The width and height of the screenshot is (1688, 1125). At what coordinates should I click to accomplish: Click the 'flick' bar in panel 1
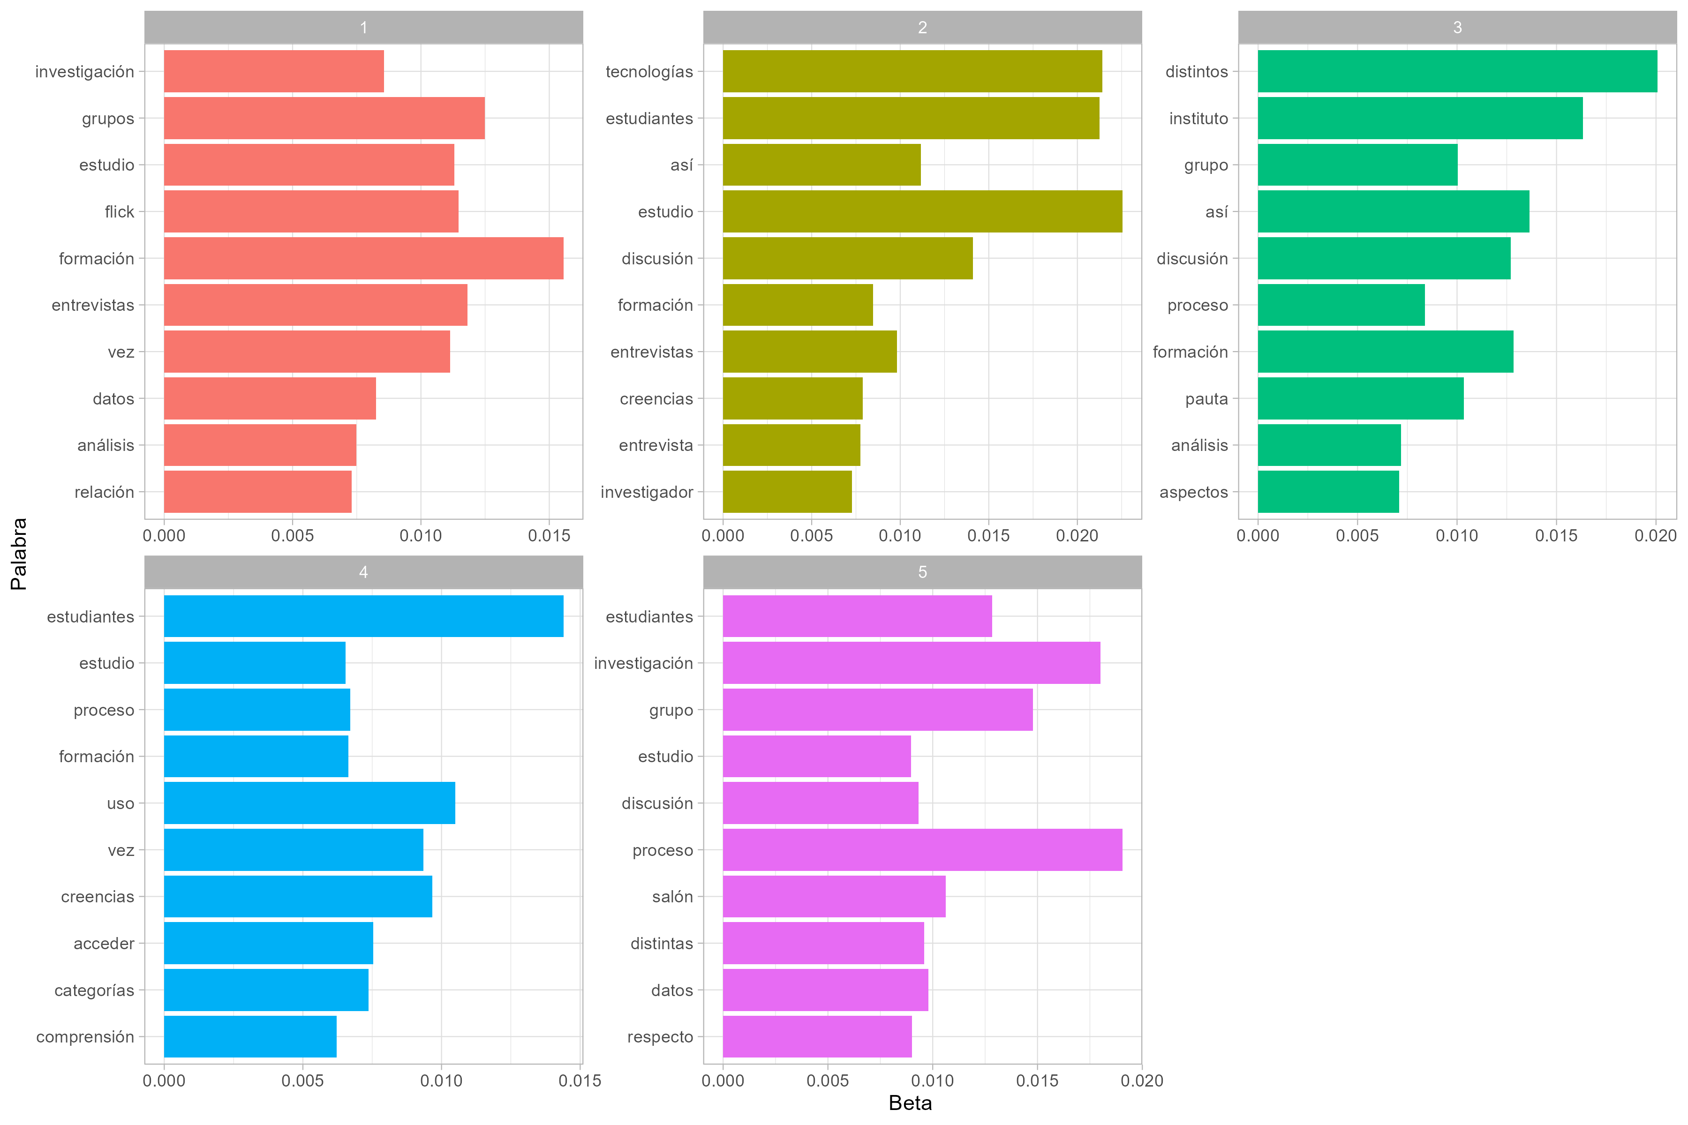point(311,212)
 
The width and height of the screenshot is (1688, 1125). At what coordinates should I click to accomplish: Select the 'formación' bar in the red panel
point(363,258)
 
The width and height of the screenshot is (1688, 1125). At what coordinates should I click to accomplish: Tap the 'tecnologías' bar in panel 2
point(912,71)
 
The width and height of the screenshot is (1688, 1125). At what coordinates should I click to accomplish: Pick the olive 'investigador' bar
point(787,492)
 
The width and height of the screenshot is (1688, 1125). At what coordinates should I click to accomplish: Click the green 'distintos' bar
point(1457,71)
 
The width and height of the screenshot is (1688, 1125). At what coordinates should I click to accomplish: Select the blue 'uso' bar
point(309,803)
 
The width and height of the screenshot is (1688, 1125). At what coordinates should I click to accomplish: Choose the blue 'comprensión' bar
point(250,1037)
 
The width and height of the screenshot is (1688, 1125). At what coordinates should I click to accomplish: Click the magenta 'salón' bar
point(834,896)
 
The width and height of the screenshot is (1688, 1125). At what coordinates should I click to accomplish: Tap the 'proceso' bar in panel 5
point(922,850)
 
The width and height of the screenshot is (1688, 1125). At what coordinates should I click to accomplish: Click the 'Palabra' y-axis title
point(19,554)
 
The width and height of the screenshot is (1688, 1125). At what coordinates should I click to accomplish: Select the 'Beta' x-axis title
point(910,1103)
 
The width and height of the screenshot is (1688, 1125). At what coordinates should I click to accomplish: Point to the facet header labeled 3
point(1457,27)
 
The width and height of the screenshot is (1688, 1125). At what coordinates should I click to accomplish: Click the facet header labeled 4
point(363,572)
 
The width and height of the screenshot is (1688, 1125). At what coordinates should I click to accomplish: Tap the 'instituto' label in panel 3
point(1198,119)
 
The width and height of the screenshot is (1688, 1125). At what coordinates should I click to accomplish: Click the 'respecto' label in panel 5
point(660,1037)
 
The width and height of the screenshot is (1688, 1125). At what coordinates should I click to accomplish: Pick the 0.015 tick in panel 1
point(549,535)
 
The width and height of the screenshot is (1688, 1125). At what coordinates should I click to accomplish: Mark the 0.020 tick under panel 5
point(1142,1080)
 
